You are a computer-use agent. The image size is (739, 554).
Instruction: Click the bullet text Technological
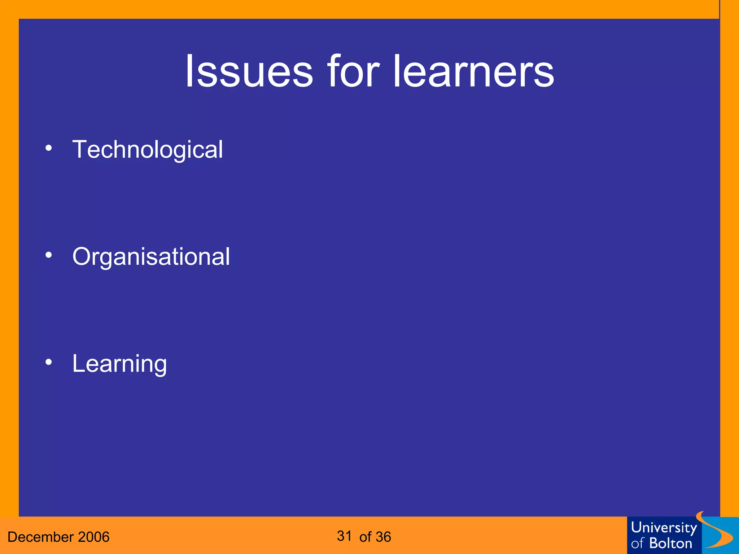[148, 150]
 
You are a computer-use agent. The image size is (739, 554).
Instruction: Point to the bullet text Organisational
[151, 257]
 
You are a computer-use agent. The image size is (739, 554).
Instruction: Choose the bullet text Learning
[119, 364]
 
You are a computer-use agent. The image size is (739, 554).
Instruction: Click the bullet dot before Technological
[49, 148]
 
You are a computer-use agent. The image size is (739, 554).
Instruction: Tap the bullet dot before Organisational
[49, 255]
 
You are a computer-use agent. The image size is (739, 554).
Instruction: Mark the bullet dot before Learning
[49, 362]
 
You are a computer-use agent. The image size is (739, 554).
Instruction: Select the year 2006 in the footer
[93, 537]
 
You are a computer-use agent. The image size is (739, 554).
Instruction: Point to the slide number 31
[344, 536]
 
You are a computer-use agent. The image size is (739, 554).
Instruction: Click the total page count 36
[383, 537]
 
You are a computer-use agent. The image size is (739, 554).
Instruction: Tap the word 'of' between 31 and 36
[365, 537]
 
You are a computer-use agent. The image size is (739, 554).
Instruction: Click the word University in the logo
[664, 528]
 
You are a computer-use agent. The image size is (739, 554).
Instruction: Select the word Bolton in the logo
[670, 543]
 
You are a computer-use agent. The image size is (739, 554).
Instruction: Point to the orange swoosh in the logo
[716, 530]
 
